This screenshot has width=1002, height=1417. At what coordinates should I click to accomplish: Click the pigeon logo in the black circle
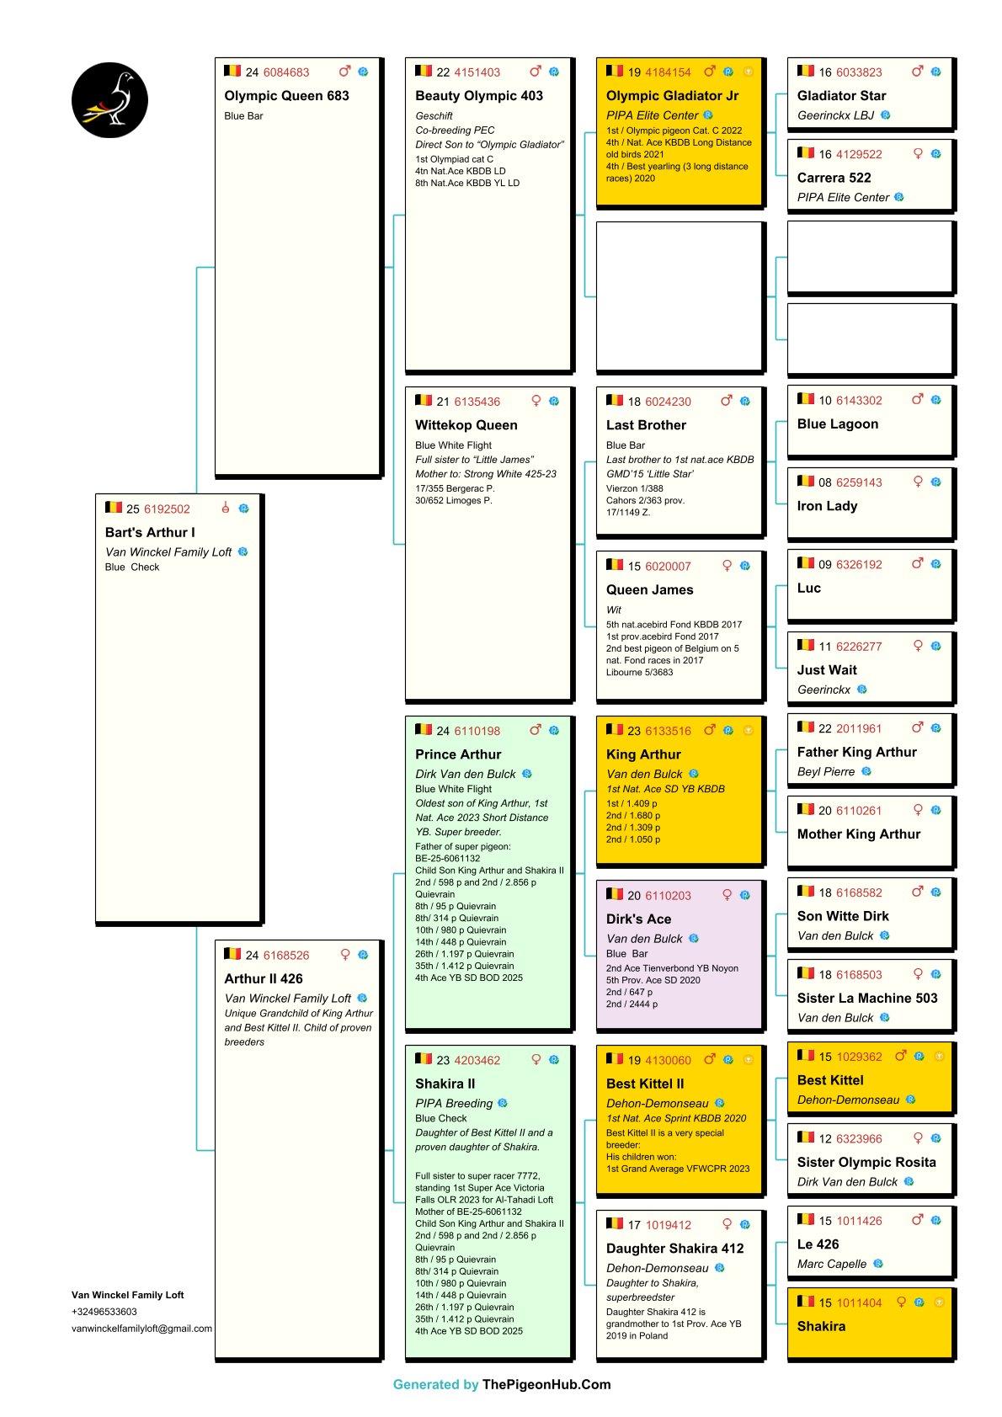click(x=109, y=99)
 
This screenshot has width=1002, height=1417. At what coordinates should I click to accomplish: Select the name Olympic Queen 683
click(x=286, y=96)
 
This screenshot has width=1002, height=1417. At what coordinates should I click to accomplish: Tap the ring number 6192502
click(x=167, y=509)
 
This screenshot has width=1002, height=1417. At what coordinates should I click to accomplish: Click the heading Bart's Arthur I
click(x=150, y=532)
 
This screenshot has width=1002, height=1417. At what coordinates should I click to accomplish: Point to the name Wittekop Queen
click(x=466, y=425)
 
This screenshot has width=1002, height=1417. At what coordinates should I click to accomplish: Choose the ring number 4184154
click(x=668, y=72)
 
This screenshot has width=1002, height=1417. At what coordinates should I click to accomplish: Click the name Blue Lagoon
click(x=837, y=424)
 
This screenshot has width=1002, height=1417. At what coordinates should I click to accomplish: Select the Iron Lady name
click(x=827, y=506)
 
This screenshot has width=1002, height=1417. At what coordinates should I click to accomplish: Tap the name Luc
click(x=808, y=588)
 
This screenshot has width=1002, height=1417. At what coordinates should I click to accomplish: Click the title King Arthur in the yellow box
click(x=643, y=754)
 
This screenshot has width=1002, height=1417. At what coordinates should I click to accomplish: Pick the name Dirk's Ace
click(x=638, y=919)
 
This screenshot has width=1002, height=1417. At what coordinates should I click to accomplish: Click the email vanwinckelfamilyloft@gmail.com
click(x=141, y=1329)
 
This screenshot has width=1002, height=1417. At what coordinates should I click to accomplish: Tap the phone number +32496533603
click(x=104, y=1312)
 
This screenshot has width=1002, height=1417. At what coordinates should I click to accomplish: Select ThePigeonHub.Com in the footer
click(x=546, y=1384)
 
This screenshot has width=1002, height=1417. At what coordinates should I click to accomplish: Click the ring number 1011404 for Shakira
click(x=859, y=1303)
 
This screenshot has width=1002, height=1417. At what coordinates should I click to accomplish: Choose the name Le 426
click(x=818, y=1244)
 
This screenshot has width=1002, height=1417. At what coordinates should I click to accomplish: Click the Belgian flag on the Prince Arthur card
click(x=424, y=730)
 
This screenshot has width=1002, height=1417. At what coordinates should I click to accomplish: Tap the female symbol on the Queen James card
click(x=727, y=566)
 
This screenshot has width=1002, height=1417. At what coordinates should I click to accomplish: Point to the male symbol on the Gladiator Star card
click(x=918, y=72)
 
